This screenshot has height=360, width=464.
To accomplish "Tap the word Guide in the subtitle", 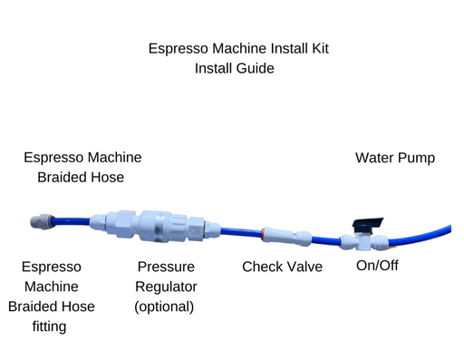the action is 255,68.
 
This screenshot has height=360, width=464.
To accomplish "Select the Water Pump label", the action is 395,158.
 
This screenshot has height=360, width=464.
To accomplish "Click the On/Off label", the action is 377,266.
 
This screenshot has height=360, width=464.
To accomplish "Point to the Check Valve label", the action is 282,267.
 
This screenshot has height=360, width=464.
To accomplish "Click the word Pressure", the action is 166,267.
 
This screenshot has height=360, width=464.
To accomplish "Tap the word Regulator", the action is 166,287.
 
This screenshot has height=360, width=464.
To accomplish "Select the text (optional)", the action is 164,306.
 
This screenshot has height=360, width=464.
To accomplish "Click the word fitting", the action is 49,326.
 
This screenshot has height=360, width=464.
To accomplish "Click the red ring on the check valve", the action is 263,234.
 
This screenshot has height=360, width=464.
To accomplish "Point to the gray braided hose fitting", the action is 43,222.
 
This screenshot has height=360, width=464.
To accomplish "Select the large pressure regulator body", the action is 155,226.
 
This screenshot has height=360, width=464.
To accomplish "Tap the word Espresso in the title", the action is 179,48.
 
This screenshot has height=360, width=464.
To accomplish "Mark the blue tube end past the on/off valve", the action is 451,229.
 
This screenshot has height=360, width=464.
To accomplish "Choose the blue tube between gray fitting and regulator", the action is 72,221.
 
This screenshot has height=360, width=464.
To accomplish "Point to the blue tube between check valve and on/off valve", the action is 326,240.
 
